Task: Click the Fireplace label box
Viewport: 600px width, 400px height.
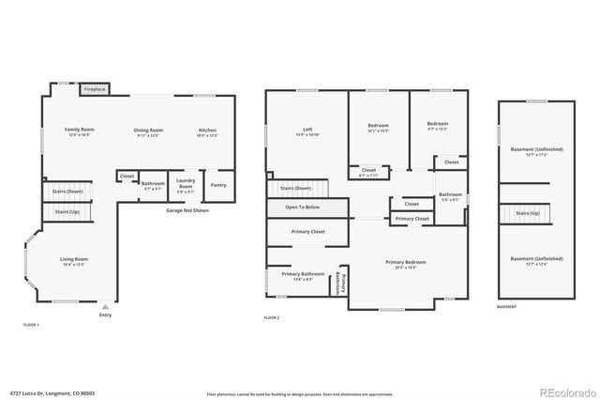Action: [95, 89]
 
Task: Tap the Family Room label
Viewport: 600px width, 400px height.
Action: [80, 131]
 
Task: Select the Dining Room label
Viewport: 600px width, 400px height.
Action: [149, 132]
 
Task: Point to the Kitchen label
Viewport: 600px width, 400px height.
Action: [207, 132]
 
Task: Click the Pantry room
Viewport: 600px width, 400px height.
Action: [218, 185]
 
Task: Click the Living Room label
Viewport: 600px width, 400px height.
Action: [74, 261]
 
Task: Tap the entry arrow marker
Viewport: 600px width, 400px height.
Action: [105, 306]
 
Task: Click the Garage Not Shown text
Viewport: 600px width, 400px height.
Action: [187, 211]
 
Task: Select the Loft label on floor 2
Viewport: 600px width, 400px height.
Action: [307, 131]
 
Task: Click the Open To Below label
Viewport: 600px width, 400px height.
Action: [303, 207]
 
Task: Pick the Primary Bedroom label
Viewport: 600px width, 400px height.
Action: [406, 264]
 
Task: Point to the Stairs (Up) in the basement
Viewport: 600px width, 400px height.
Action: [529, 213]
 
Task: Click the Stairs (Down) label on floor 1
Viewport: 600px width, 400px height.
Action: [67, 192]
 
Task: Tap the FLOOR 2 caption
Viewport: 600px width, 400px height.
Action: [272, 319]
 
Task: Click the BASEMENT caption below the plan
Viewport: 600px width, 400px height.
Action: [506, 307]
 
